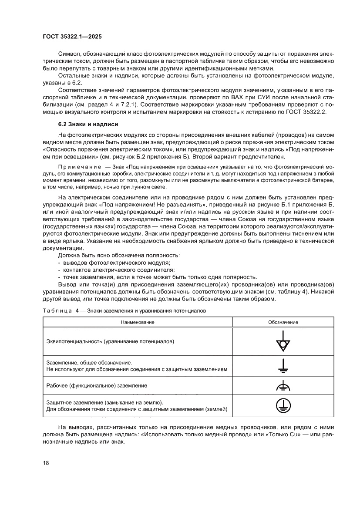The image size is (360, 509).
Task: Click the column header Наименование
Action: pos(138,322)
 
